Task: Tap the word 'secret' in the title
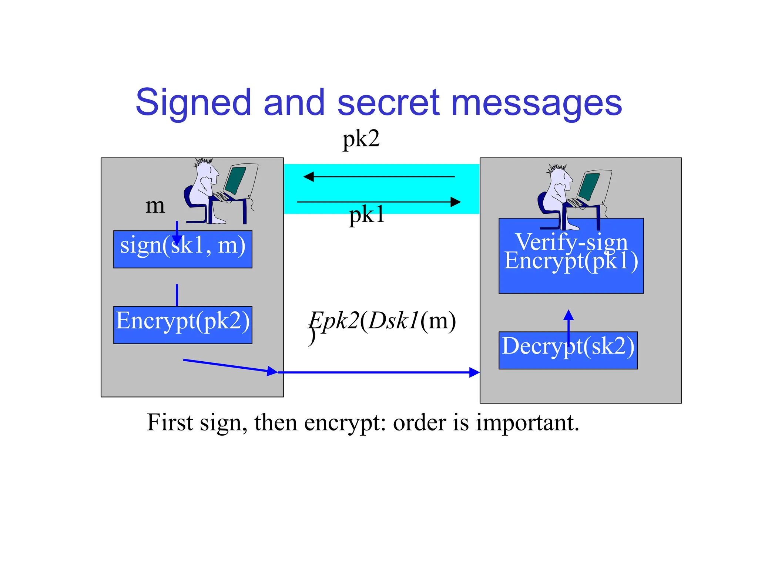click(389, 102)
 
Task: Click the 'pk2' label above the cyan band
click(361, 139)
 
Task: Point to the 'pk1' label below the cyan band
click(366, 215)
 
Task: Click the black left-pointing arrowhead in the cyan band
click(309, 177)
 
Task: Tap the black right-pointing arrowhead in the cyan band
click(456, 202)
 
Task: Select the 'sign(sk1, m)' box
click(182, 250)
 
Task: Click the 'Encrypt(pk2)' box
click(182, 325)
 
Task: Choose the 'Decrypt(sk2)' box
click(568, 350)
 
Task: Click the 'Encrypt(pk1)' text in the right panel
click(571, 261)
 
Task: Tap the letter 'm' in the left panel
click(155, 206)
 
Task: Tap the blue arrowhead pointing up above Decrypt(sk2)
click(568, 315)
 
